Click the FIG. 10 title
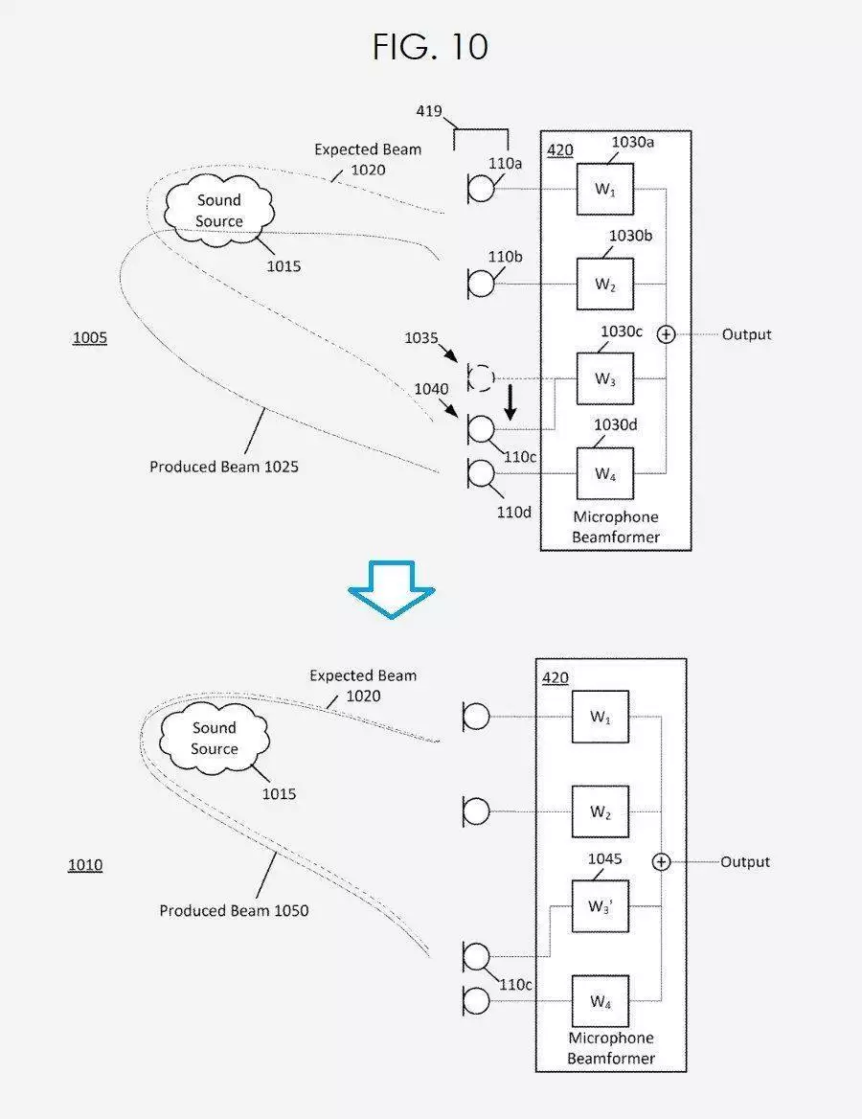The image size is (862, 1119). coord(430,47)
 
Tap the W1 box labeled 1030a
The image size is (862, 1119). coord(605,189)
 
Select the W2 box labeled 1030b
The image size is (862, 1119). coord(605,284)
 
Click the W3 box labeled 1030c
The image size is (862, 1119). coord(605,379)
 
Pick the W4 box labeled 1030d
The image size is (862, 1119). coord(605,473)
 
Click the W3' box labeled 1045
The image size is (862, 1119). coord(601,906)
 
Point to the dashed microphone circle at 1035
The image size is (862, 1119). coord(480,377)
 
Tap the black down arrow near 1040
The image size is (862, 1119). coord(510,402)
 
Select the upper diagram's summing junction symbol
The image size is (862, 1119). coord(666,334)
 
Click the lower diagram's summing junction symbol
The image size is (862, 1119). coord(662,862)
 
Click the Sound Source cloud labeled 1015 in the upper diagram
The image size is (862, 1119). coord(219,211)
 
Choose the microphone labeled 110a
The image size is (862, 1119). coord(480,189)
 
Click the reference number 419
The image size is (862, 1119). coord(429,110)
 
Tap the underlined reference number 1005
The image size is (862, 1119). coord(90,337)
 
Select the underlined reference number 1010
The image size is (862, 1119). coord(85,865)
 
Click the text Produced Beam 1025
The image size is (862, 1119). coord(224,467)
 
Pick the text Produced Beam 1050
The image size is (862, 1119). coord(234,910)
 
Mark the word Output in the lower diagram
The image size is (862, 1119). coord(745,862)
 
